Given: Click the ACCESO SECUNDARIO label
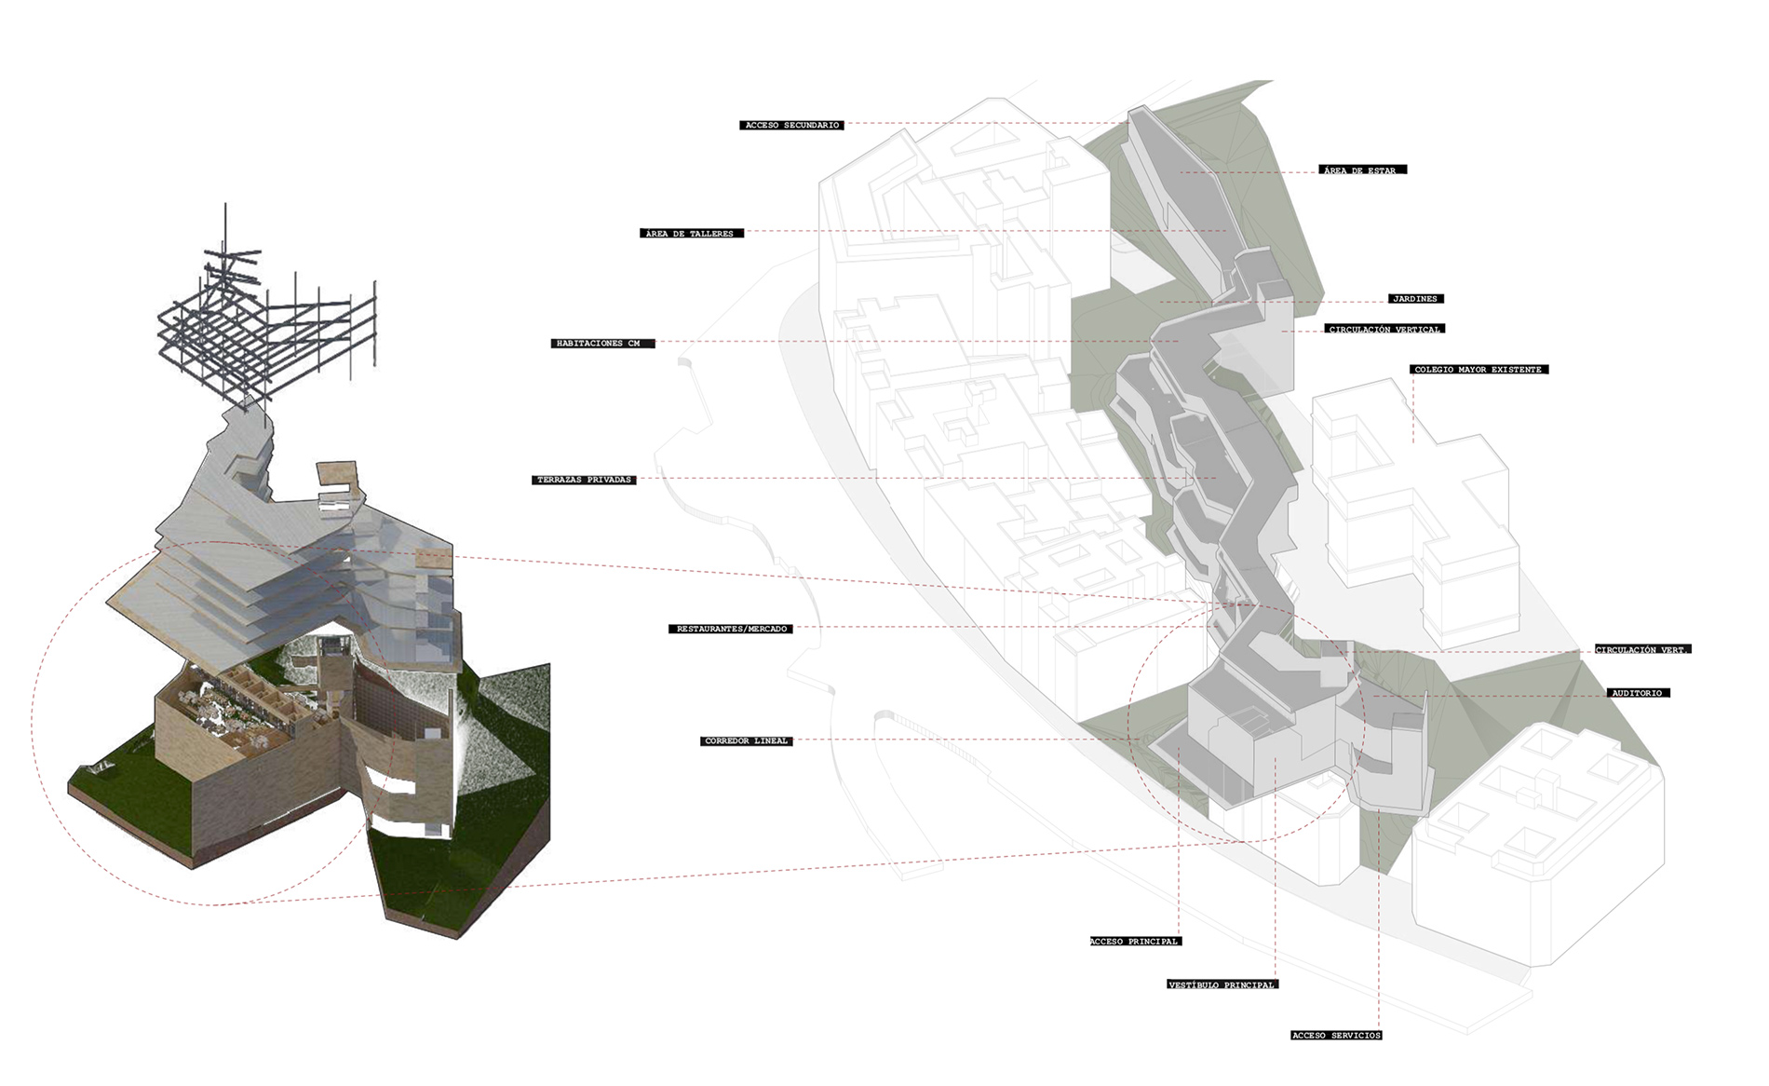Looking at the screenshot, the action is coord(792,125).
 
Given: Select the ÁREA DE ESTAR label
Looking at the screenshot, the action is coord(1362,170).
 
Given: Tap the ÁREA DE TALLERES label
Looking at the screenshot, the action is coord(693,233).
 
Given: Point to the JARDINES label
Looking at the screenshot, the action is coord(1414,299).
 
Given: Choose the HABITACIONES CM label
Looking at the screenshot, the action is coord(602,344).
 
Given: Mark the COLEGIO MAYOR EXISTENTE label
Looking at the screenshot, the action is coord(1479,370).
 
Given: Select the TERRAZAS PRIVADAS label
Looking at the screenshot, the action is coord(585,480).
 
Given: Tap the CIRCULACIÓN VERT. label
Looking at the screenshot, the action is coord(1642,649).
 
